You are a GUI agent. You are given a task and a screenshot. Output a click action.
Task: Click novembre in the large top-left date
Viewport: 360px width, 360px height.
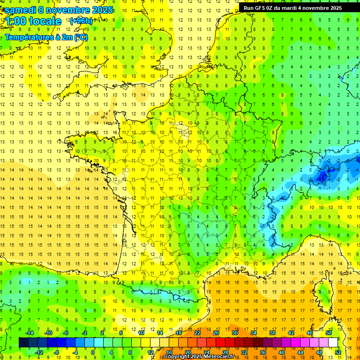pos(67,10)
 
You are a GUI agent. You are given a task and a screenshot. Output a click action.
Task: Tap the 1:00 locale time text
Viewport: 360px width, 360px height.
pos(33,21)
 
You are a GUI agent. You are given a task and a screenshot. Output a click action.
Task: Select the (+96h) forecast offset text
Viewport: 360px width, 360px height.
pos(81,21)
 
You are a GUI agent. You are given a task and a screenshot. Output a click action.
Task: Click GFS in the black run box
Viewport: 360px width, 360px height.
pos(261,8)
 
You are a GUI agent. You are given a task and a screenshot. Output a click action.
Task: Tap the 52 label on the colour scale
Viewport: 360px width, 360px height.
pos(338,352)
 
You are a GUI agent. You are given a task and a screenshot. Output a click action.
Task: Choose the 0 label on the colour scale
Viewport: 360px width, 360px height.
pos(93,352)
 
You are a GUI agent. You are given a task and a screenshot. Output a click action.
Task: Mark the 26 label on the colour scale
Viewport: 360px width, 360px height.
pos(216,333)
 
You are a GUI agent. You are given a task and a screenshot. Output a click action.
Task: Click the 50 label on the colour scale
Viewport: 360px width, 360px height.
pos(329,333)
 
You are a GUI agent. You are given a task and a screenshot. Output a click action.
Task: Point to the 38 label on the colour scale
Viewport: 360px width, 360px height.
pos(272,333)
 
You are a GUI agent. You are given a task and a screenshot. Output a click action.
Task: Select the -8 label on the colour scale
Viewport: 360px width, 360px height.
pos(57,352)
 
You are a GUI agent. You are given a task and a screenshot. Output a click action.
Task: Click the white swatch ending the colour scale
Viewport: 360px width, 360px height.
pos(333,343)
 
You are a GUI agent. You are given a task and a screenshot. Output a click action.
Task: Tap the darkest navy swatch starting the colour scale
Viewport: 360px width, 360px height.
pos(23,343)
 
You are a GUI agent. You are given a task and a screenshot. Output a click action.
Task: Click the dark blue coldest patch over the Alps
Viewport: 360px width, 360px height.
pos(322,177)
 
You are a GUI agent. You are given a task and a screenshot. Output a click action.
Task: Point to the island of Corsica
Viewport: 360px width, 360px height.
pos(323,293)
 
